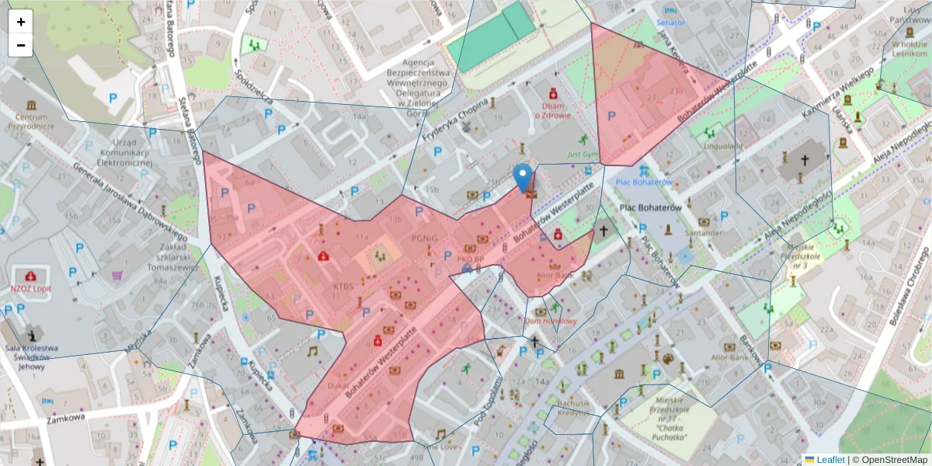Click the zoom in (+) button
(21, 22)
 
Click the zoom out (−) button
(21, 45)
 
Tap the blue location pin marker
(524, 178)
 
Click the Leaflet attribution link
(824, 459)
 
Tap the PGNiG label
(426, 238)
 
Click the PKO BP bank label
(471, 259)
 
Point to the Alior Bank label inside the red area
(554, 275)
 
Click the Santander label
(704, 232)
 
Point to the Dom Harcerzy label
(551, 321)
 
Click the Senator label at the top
(670, 23)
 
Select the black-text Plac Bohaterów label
(651, 208)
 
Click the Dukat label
(338, 384)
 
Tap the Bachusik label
(574, 404)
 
